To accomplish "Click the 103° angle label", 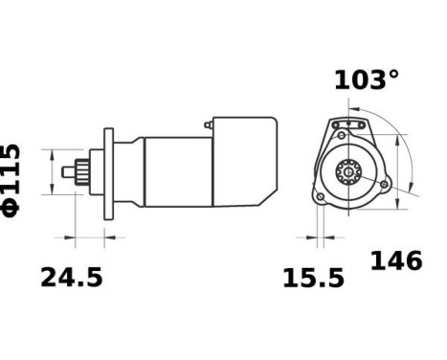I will click(x=367, y=80).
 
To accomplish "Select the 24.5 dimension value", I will click(x=71, y=278).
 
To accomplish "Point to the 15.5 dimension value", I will click(x=313, y=279).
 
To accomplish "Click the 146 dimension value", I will click(x=395, y=260).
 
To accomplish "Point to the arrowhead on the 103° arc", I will click(x=393, y=141).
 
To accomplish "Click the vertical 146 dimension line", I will click(x=411, y=163).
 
